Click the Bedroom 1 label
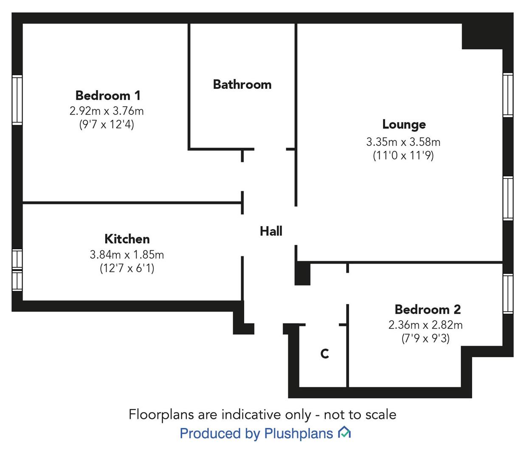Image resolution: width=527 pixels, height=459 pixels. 107,95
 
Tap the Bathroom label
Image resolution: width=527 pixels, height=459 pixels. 242,84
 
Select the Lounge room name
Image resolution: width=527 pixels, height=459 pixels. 404,124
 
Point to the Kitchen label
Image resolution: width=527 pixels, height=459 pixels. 127,239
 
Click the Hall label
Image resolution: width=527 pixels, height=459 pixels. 271,231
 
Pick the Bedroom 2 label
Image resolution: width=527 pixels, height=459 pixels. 428,309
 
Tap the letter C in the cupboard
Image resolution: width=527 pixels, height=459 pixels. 324,354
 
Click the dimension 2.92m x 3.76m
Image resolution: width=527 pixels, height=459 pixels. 107,111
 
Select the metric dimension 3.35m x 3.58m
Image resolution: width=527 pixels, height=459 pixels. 403,142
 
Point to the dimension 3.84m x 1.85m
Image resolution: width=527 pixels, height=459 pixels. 127,255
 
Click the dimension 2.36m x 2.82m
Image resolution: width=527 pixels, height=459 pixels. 426,325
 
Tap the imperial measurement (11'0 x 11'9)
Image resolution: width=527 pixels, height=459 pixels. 403,155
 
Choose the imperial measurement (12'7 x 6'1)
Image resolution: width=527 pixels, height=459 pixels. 127,268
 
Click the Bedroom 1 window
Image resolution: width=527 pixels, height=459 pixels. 17,100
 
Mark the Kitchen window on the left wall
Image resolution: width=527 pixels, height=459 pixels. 17,270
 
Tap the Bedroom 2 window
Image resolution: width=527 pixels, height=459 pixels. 507,294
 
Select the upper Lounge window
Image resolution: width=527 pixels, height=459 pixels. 507,95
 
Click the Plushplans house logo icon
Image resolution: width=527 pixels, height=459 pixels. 344,433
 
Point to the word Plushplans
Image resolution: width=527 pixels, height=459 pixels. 298,433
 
